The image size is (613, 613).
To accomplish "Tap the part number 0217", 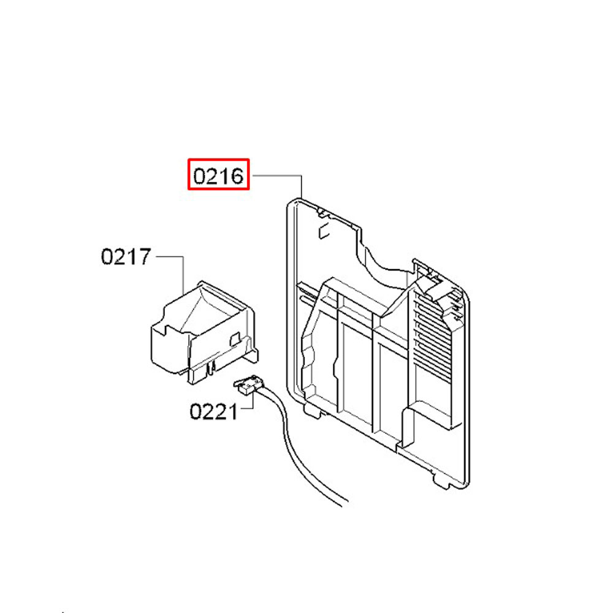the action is pos(126,256).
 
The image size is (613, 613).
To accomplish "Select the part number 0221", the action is pos(213,412).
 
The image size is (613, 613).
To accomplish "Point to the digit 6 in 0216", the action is pos(237,176).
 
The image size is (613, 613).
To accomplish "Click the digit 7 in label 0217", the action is pos(145,256).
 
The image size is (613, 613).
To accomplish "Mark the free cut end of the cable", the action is pos(345,504).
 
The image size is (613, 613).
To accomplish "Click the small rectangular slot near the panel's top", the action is pos(324,232).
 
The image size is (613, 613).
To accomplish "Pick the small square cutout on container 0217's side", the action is pos(235,338).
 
